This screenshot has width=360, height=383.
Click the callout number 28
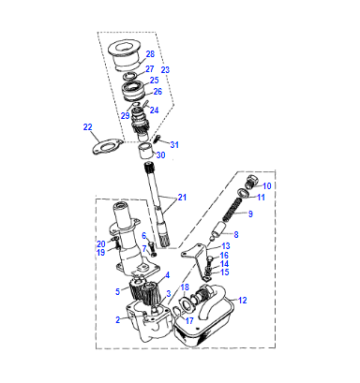[x=150, y=54]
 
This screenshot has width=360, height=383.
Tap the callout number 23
[x=165, y=70]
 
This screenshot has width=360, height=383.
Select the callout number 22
[x=88, y=127]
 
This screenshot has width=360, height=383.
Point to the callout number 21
[x=182, y=197]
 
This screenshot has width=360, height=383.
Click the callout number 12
[x=243, y=300]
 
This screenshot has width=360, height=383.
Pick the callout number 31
[x=174, y=145]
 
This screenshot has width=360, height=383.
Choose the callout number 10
[x=267, y=186]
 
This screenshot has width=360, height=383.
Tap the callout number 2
[x=118, y=320]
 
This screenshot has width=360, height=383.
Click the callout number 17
[x=189, y=321]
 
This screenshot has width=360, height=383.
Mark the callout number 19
[x=101, y=252]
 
